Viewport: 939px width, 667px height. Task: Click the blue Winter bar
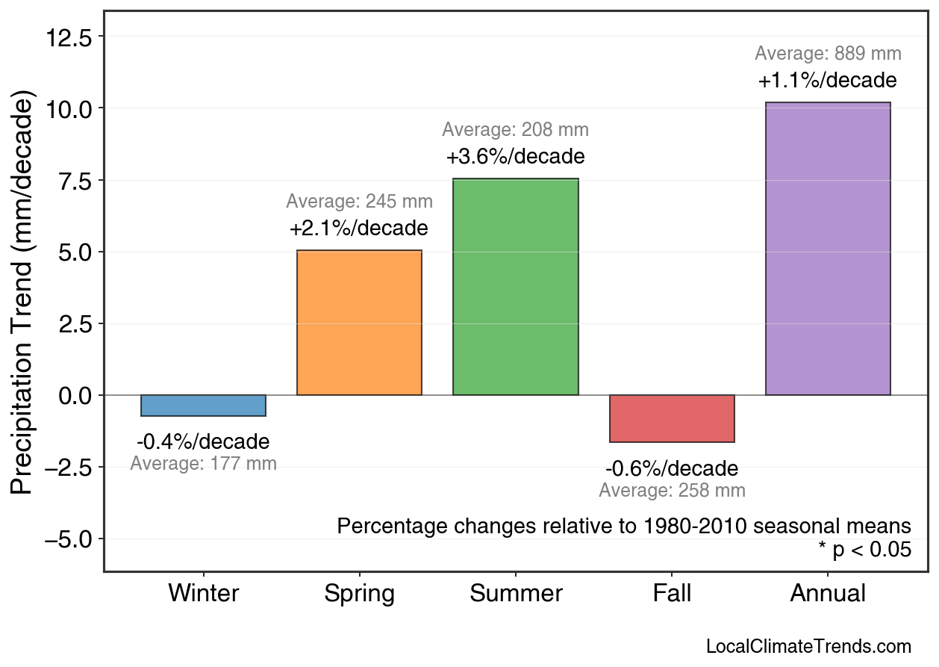click(x=203, y=406)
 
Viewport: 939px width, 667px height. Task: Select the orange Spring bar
click(x=359, y=323)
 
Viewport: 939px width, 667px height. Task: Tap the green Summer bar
click(x=515, y=287)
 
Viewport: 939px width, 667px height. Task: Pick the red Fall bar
click(x=672, y=418)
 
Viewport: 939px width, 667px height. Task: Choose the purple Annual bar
click(x=828, y=249)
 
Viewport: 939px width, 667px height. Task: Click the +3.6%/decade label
click(x=515, y=158)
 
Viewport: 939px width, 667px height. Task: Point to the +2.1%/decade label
click(x=359, y=229)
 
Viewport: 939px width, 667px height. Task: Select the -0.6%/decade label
click(x=672, y=469)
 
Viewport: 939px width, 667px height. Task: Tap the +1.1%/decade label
click(x=828, y=81)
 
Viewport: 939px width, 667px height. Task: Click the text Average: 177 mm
click(x=203, y=464)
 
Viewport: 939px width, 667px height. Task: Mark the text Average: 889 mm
click(x=828, y=54)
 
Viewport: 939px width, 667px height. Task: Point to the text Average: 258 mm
click(x=672, y=491)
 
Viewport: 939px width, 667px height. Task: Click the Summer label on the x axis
click(x=516, y=594)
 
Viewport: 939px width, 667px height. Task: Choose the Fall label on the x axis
click(x=672, y=594)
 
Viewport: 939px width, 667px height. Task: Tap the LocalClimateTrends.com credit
click(x=808, y=647)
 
